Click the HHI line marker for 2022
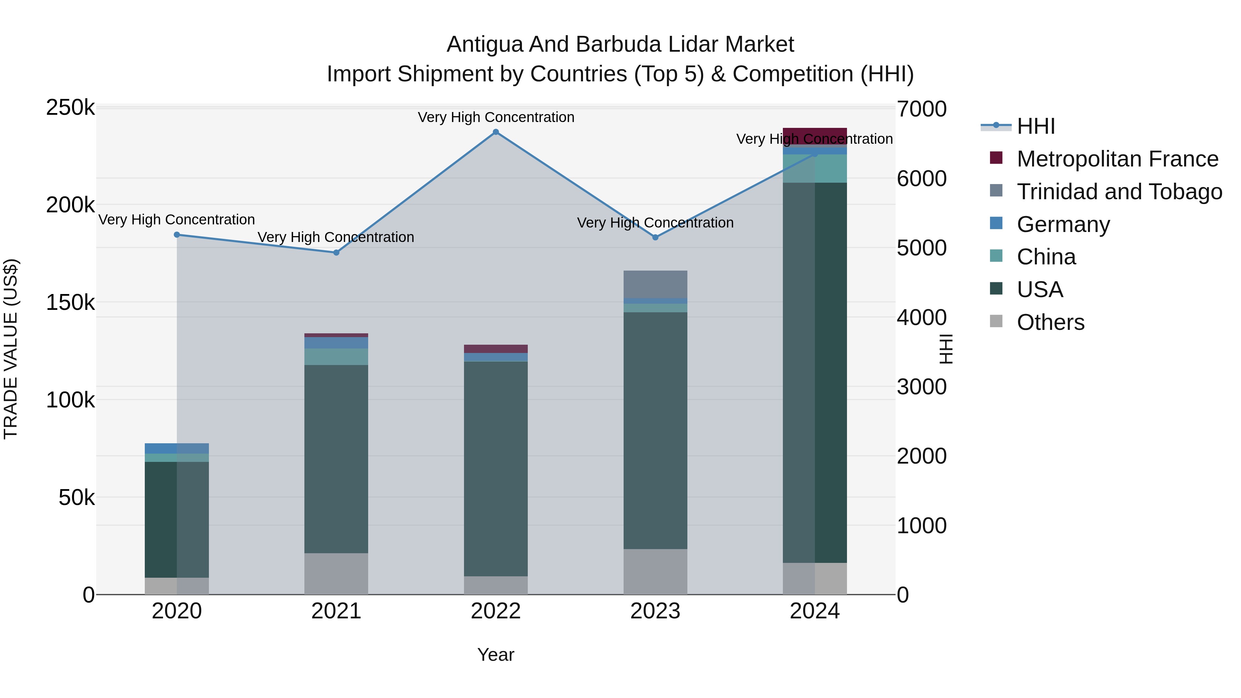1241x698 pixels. tap(496, 132)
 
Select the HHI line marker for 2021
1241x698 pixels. tap(336, 252)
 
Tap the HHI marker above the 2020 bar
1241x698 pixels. tap(177, 235)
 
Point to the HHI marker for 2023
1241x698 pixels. tap(655, 237)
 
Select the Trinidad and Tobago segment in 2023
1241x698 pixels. tap(655, 284)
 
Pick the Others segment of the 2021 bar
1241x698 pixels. tap(336, 573)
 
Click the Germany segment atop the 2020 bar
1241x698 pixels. tap(177, 448)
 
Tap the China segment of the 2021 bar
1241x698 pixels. tap(336, 356)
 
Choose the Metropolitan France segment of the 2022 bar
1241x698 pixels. tap(496, 349)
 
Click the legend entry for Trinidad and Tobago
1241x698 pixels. tap(1119, 192)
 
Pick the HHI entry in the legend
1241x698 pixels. tap(1036, 126)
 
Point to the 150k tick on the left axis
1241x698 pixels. tap(70, 303)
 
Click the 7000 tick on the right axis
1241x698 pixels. tap(921, 109)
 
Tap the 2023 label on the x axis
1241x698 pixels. tap(655, 611)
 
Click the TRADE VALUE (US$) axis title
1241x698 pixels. tap(11, 349)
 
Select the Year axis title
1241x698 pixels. tap(496, 655)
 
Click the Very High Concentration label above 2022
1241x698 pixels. tap(496, 117)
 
